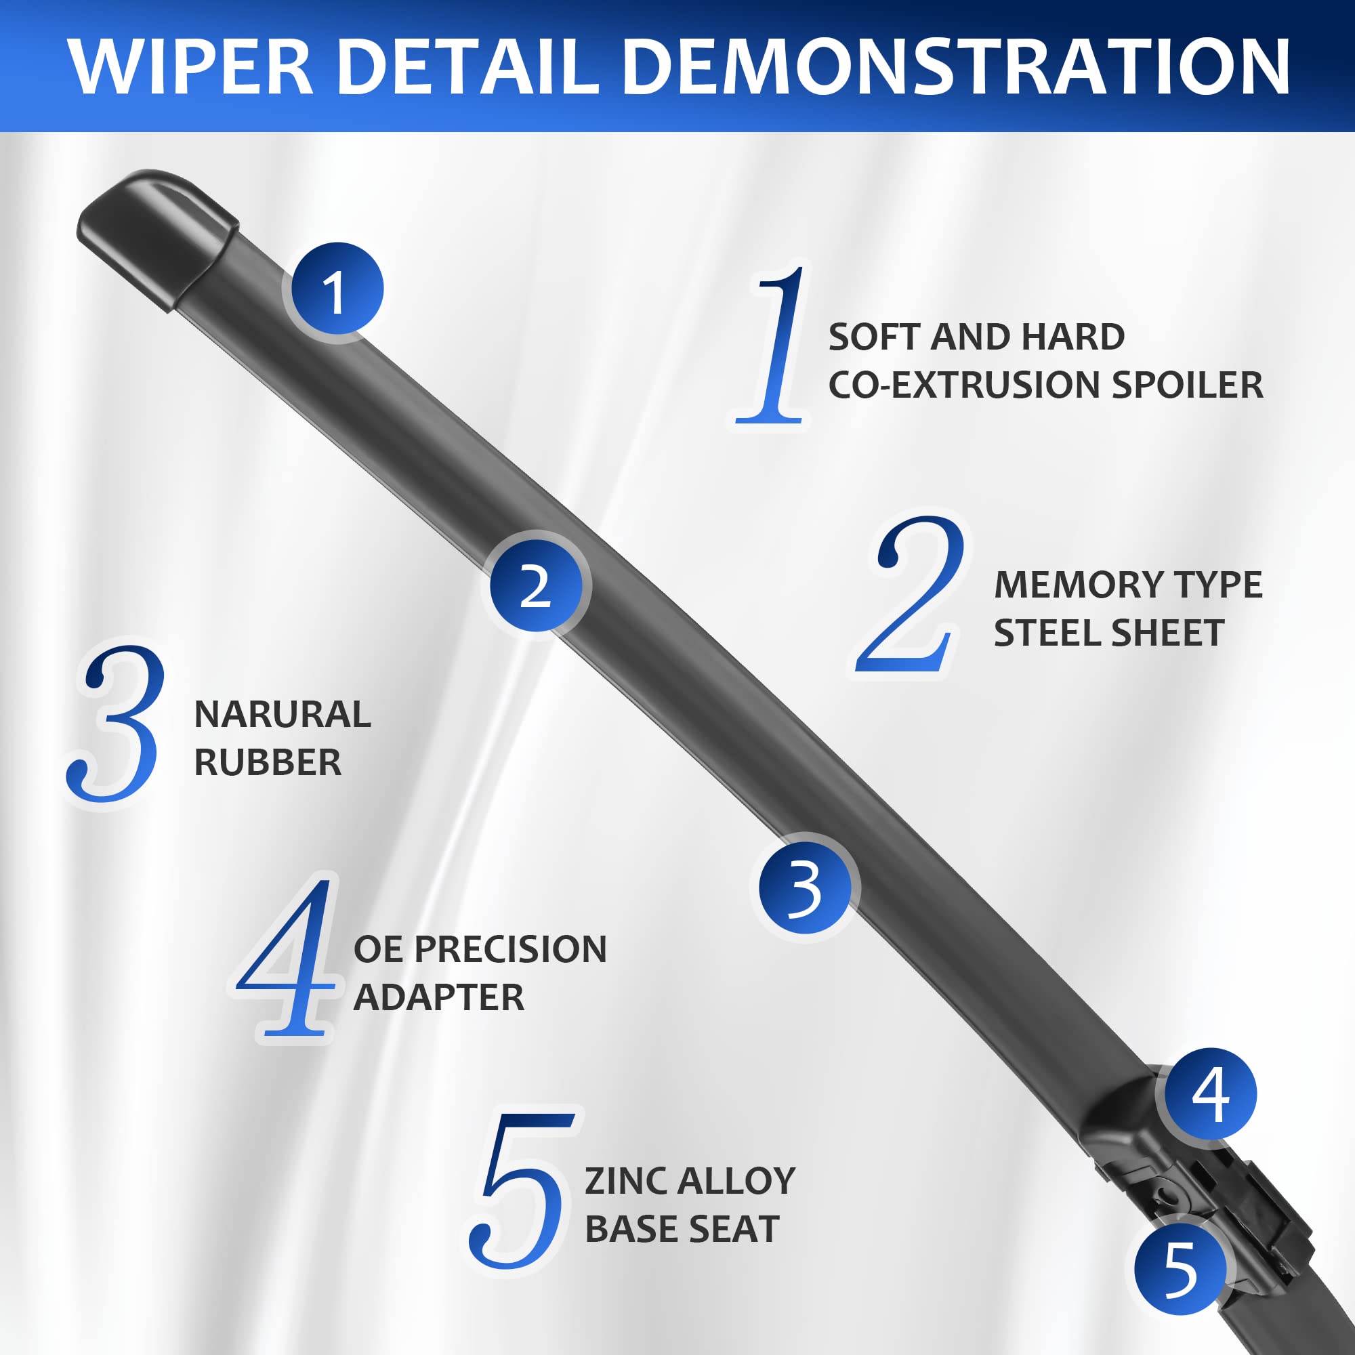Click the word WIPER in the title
click(x=191, y=66)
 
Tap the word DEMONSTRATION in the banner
click(x=956, y=66)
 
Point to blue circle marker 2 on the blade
click(x=537, y=585)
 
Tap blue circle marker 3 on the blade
click(x=805, y=888)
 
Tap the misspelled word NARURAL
click(x=282, y=715)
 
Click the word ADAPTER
click(x=438, y=997)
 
